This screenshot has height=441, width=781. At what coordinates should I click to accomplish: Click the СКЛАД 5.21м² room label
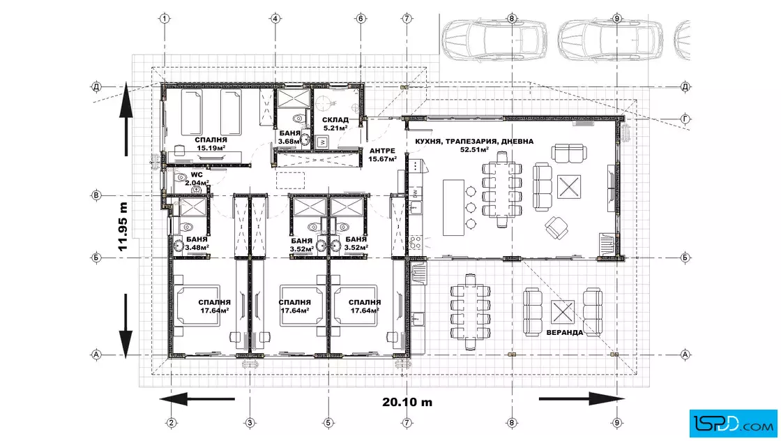pyautogui.click(x=335, y=124)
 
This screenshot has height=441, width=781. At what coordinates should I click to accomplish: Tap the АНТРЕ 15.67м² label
pyautogui.click(x=383, y=155)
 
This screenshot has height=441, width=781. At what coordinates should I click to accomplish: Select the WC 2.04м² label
pyautogui.click(x=197, y=179)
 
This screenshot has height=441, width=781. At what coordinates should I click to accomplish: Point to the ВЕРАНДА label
pyautogui.click(x=564, y=332)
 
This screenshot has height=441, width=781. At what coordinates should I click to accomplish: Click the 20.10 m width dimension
pyautogui.click(x=407, y=402)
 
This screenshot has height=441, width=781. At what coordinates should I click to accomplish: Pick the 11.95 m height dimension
pyautogui.click(x=123, y=227)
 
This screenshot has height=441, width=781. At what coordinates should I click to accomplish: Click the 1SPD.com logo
pyautogui.click(x=733, y=423)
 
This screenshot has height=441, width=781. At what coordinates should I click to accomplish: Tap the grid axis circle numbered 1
pyautogui.click(x=165, y=19)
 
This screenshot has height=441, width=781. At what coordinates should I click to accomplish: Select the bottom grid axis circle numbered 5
pyautogui.click(x=328, y=423)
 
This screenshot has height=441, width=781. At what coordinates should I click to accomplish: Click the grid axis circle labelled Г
pyautogui.click(x=685, y=119)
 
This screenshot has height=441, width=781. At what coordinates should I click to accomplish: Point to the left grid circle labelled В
pyautogui.click(x=96, y=195)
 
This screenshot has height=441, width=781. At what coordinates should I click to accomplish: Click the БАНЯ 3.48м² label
pyautogui.click(x=197, y=243)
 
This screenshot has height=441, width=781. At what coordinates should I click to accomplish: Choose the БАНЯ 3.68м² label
pyautogui.click(x=289, y=137)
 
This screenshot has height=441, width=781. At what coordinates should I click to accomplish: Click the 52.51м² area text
pyautogui.click(x=474, y=149)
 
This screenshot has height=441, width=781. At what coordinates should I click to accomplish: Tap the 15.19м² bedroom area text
pyautogui.click(x=211, y=148)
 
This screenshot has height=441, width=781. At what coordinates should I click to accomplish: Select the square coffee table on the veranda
pyautogui.click(x=563, y=313)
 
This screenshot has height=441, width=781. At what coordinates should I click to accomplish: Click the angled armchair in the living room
pyautogui.click(x=556, y=227)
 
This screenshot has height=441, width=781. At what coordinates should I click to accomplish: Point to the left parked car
pyautogui.click(x=494, y=39)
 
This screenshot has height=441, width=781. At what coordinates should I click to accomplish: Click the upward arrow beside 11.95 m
pyautogui.click(x=126, y=119)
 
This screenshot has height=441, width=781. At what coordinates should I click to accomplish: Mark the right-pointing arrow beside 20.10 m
pyautogui.click(x=582, y=398)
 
